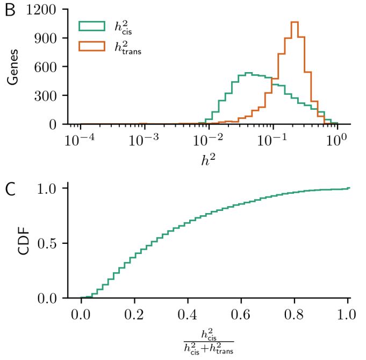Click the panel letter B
tap(10, 11)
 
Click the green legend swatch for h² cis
tap(91, 26)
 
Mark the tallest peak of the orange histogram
tap(294, 23)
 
